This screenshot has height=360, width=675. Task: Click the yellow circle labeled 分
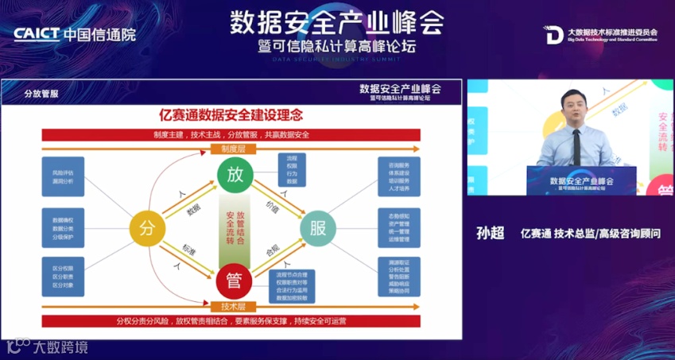click(146, 229)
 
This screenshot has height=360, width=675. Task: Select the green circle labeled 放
click(235, 176)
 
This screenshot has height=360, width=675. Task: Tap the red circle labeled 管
click(235, 281)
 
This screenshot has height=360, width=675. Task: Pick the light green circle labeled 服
click(318, 229)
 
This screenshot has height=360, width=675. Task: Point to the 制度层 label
click(234, 149)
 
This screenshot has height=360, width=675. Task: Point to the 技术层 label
click(234, 306)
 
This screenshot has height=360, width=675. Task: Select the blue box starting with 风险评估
click(63, 176)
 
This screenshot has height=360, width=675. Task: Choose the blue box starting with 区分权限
click(63, 277)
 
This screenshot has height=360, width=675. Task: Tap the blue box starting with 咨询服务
click(398, 176)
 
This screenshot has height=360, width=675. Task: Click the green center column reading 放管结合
click(235, 229)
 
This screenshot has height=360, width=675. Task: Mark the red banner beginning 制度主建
click(231, 134)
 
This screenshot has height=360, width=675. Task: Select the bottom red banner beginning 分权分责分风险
click(231, 322)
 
